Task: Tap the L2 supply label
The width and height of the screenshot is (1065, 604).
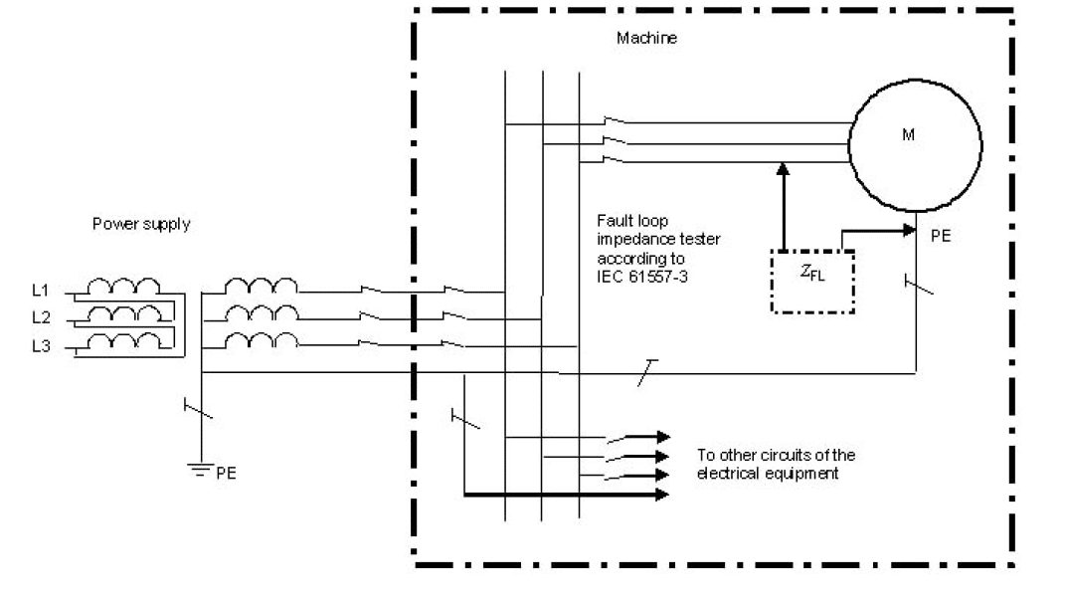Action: click(40, 317)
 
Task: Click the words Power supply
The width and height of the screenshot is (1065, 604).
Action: click(140, 224)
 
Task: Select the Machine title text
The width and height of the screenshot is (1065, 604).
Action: click(646, 39)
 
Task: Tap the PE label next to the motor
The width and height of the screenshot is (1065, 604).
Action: click(940, 239)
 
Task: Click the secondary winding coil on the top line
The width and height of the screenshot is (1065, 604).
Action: click(261, 287)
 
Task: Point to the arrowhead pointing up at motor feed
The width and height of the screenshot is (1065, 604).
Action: click(784, 168)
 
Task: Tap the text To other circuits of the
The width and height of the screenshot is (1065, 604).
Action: click(776, 456)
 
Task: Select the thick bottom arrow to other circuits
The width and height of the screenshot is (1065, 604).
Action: click(567, 494)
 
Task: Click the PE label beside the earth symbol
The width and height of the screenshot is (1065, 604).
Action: click(229, 474)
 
